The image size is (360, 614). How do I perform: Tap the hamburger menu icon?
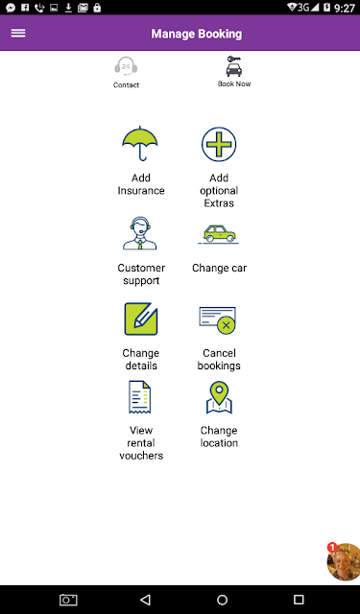point(18,34)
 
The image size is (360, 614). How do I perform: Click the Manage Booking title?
point(197,34)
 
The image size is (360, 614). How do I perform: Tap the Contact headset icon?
point(126,66)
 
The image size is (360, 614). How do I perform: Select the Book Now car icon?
point(234,66)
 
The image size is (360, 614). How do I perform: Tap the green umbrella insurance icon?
point(140,143)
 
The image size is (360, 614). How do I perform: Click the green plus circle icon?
point(219,144)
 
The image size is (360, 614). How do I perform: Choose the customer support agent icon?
point(140,233)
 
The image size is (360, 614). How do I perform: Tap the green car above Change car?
point(219,234)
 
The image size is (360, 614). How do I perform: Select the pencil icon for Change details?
point(141,319)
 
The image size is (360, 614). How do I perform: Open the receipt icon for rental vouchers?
point(140,397)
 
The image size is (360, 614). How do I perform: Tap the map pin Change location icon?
point(219,397)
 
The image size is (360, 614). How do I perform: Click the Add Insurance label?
point(141,184)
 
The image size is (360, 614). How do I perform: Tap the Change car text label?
point(220,269)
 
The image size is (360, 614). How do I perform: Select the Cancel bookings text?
point(219,360)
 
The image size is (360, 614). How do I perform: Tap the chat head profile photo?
point(344,562)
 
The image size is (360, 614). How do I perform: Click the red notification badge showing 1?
point(332,548)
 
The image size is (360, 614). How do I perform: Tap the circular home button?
point(222,600)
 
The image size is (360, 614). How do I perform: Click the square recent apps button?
point(299,600)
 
